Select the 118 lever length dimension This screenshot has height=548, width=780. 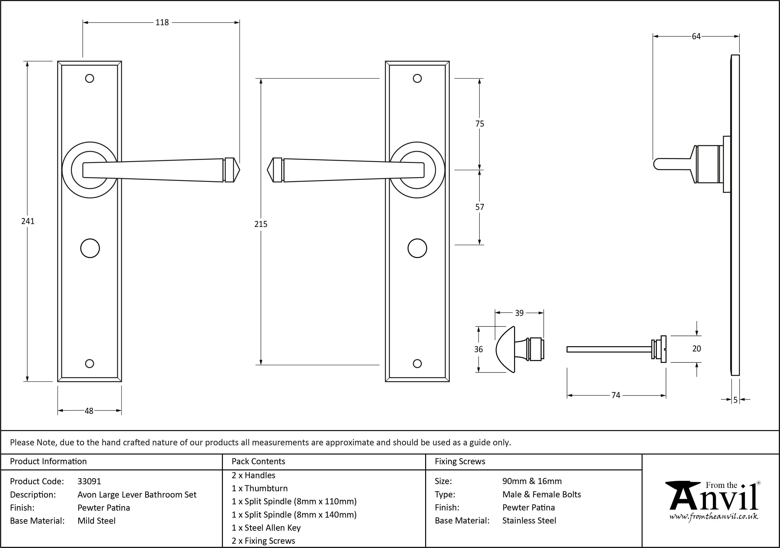coord(162,23)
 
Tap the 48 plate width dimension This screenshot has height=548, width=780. coord(89,411)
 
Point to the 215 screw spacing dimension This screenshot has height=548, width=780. coord(261,224)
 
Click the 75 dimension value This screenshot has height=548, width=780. coord(480,124)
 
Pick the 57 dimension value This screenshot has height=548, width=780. coord(480,207)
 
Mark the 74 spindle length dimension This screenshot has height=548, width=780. coord(616,395)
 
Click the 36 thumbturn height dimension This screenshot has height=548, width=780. coord(478,349)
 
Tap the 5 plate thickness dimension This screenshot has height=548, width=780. coord(735,400)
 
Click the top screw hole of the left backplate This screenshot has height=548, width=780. coord(89,78)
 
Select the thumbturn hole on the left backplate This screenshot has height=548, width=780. coord(90,249)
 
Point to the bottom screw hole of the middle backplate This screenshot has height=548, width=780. coord(417,364)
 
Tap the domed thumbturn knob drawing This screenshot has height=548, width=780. coord(505,349)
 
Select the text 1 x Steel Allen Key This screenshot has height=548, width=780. coord(266,528)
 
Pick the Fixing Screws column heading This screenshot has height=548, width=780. coord(460,461)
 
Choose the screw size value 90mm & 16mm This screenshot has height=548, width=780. coord(532,481)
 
